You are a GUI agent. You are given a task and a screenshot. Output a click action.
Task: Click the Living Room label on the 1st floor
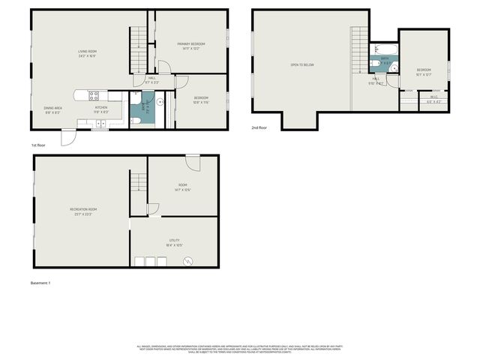point(88,53)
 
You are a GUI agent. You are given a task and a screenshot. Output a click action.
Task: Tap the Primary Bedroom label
point(191,46)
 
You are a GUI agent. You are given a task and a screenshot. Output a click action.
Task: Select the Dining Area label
point(53,109)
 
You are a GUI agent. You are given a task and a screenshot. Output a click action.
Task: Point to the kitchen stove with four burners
point(94,95)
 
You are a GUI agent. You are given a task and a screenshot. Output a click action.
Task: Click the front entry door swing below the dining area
point(68,138)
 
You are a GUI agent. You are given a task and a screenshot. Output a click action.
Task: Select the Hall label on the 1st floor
point(152,79)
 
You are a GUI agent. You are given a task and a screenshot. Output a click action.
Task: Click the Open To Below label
point(301,65)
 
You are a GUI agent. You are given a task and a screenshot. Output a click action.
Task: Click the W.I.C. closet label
point(433,97)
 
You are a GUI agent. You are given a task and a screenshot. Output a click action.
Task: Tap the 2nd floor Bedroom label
point(424,71)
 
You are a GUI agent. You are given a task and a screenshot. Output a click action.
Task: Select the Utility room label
point(174,241)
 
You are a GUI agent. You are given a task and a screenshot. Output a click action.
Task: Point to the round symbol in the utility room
point(187,260)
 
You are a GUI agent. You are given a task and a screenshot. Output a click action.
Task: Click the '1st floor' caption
point(39,145)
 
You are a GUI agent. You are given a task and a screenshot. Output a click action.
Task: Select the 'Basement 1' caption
point(40,283)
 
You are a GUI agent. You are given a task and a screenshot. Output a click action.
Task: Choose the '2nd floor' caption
point(259,128)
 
